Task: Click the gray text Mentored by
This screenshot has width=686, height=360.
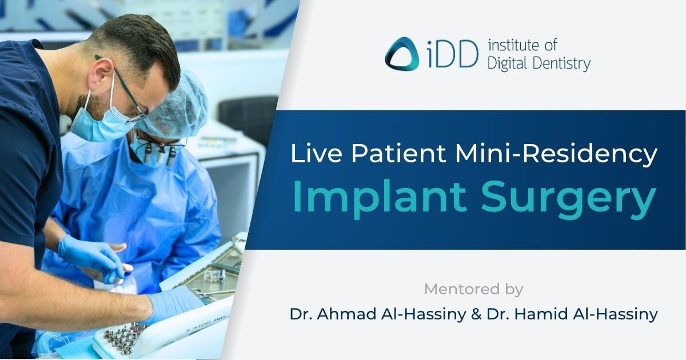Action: coord(473,289)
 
